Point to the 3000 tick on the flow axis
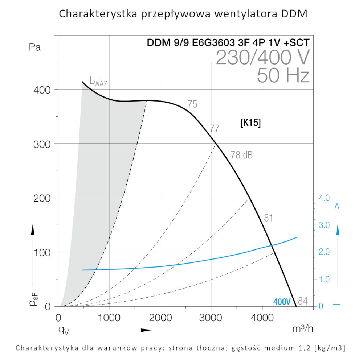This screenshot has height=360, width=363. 211,318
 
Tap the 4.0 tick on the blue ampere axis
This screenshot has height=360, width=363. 324,198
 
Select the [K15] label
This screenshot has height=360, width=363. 250,123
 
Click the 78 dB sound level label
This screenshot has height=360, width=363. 242,155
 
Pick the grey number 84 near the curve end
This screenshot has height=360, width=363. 303,301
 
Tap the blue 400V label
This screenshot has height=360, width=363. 282,301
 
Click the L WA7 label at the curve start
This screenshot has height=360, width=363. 98,82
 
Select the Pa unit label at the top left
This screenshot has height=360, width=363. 34,47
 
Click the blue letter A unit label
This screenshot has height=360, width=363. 337,206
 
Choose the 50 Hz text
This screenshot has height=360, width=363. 283,76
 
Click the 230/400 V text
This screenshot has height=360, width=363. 263,57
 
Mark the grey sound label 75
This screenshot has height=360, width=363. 192,104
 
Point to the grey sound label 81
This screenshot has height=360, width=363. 268,218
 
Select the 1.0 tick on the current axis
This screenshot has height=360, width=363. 324,279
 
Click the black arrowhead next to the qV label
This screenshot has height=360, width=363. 146,330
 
